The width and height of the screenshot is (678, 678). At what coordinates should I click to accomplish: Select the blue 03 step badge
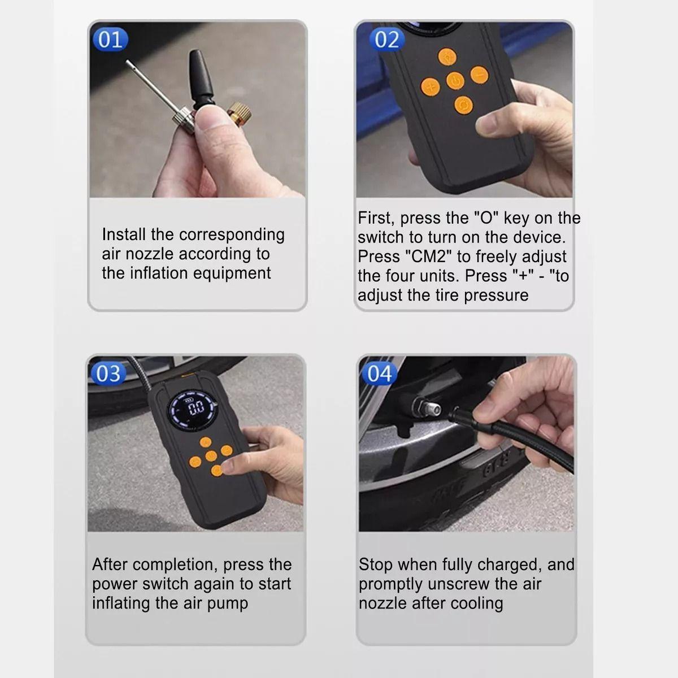coord(108,373)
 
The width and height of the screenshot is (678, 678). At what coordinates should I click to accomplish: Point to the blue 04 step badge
coord(379,373)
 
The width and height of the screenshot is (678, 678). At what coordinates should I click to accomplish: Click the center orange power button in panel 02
coord(455,81)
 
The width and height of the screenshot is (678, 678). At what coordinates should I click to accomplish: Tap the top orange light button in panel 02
coord(447,56)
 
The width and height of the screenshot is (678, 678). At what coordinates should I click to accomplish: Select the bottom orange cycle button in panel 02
coord(464,105)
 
